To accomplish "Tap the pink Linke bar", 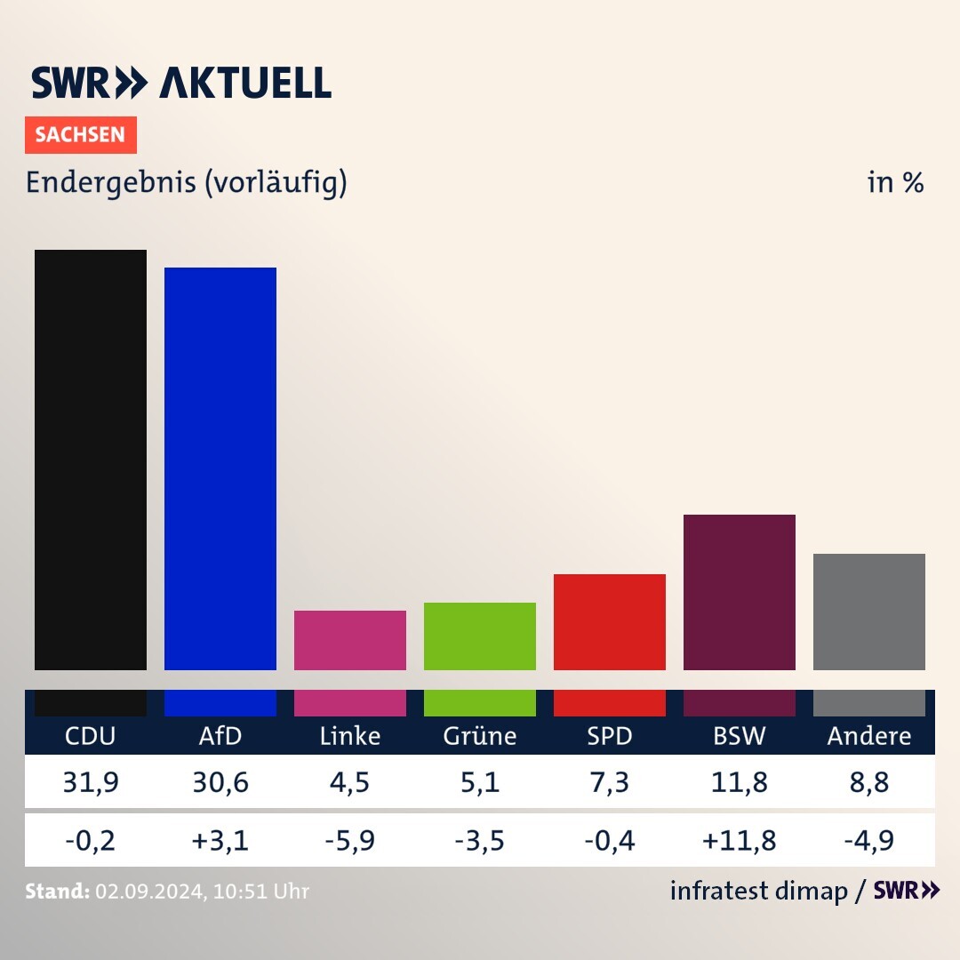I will click(x=349, y=640).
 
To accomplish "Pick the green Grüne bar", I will click(x=479, y=636).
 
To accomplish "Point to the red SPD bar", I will click(x=609, y=621).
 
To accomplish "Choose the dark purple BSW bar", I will click(x=739, y=592).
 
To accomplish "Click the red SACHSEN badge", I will click(x=80, y=135).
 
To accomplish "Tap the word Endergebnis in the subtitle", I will click(x=111, y=182).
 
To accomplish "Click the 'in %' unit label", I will click(x=895, y=182).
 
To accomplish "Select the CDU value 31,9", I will click(x=90, y=782).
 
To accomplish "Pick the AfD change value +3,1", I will click(x=220, y=840).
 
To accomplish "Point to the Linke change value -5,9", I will click(x=349, y=840).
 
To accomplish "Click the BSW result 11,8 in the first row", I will click(x=739, y=782).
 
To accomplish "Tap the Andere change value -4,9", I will click(x=868, y=840).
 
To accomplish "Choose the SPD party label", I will click(x=609, y=736).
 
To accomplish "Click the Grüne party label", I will click(x=479, y=736).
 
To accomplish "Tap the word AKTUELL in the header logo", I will click(x=245, y=83).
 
